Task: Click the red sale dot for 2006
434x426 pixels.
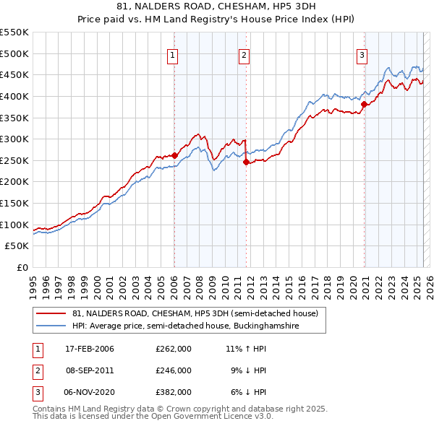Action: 174,155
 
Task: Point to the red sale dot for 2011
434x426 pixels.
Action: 246,162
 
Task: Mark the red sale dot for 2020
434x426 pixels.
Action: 364,103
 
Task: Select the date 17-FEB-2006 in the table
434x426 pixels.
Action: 90,349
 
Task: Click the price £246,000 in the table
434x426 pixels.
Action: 174,370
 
